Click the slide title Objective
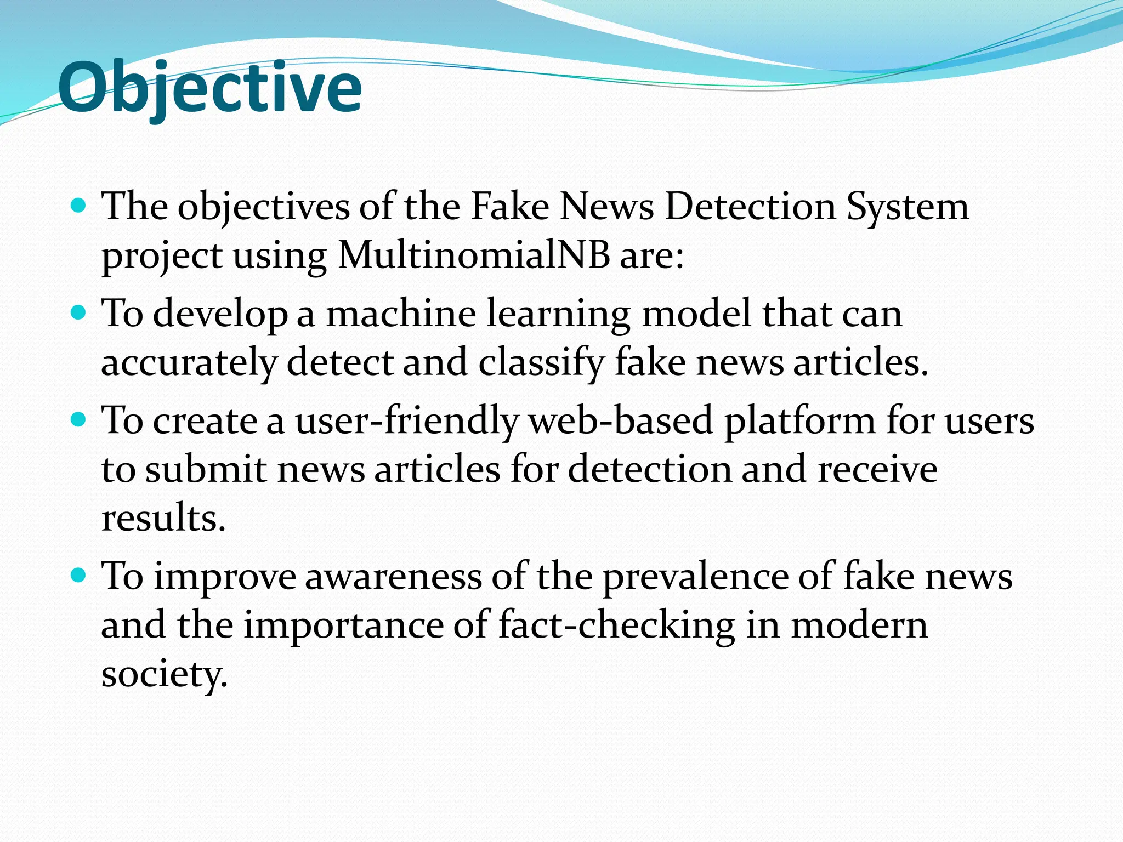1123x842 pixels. coord(209,88)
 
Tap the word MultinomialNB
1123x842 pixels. coord(473,255)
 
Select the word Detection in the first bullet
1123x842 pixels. coord(751,207)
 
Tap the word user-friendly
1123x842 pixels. coord(406,421)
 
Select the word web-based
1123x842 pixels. coord(620,421)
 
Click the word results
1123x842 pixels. coord(163,518)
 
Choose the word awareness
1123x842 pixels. coord(393,577)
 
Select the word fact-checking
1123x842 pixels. coord(616,626)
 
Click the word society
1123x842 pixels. coord(163,674)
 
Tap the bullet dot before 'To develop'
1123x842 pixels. coord(79,313)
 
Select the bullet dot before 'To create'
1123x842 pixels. coord(79,420)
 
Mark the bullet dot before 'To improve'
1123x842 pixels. coord(79,576)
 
